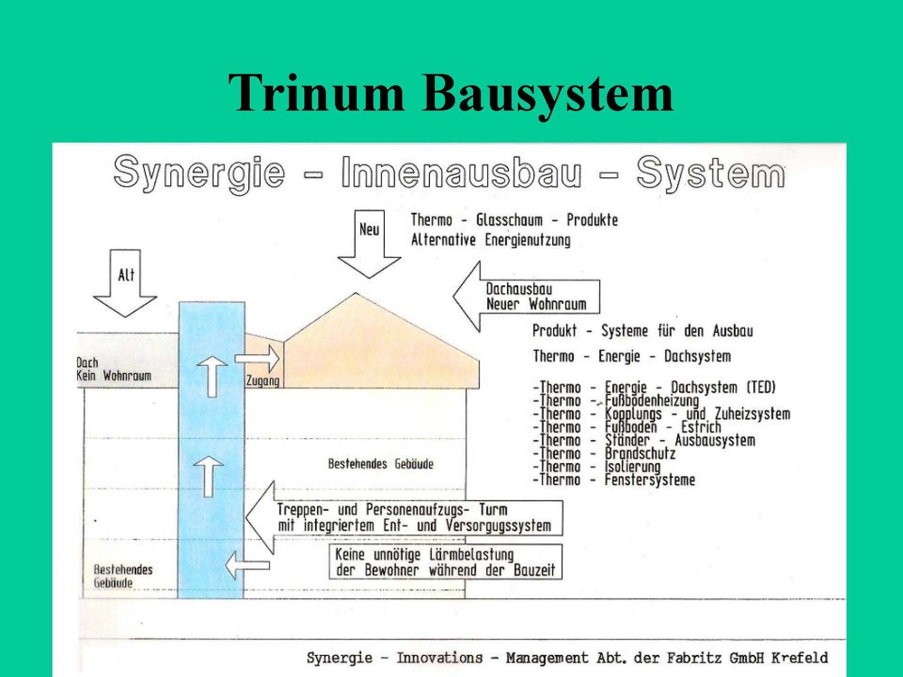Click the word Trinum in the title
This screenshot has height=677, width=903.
[316, 93]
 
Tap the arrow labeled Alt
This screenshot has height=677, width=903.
[125, 282]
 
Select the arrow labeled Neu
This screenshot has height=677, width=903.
[369, 242]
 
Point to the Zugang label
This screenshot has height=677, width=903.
[262, 381]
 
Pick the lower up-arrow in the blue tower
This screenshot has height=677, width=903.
[209, 475]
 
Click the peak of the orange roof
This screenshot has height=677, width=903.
[356, 294]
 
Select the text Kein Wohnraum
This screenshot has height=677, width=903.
[114, 376]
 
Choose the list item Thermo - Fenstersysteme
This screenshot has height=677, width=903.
[614, 480]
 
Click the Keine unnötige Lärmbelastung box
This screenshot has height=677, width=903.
[445, 562]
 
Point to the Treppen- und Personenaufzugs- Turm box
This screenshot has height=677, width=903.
[414, 518]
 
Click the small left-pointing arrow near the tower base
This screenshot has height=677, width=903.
[247, 565]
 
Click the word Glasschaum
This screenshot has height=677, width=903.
[509, 220]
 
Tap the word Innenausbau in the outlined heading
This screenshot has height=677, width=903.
[461, 172]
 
